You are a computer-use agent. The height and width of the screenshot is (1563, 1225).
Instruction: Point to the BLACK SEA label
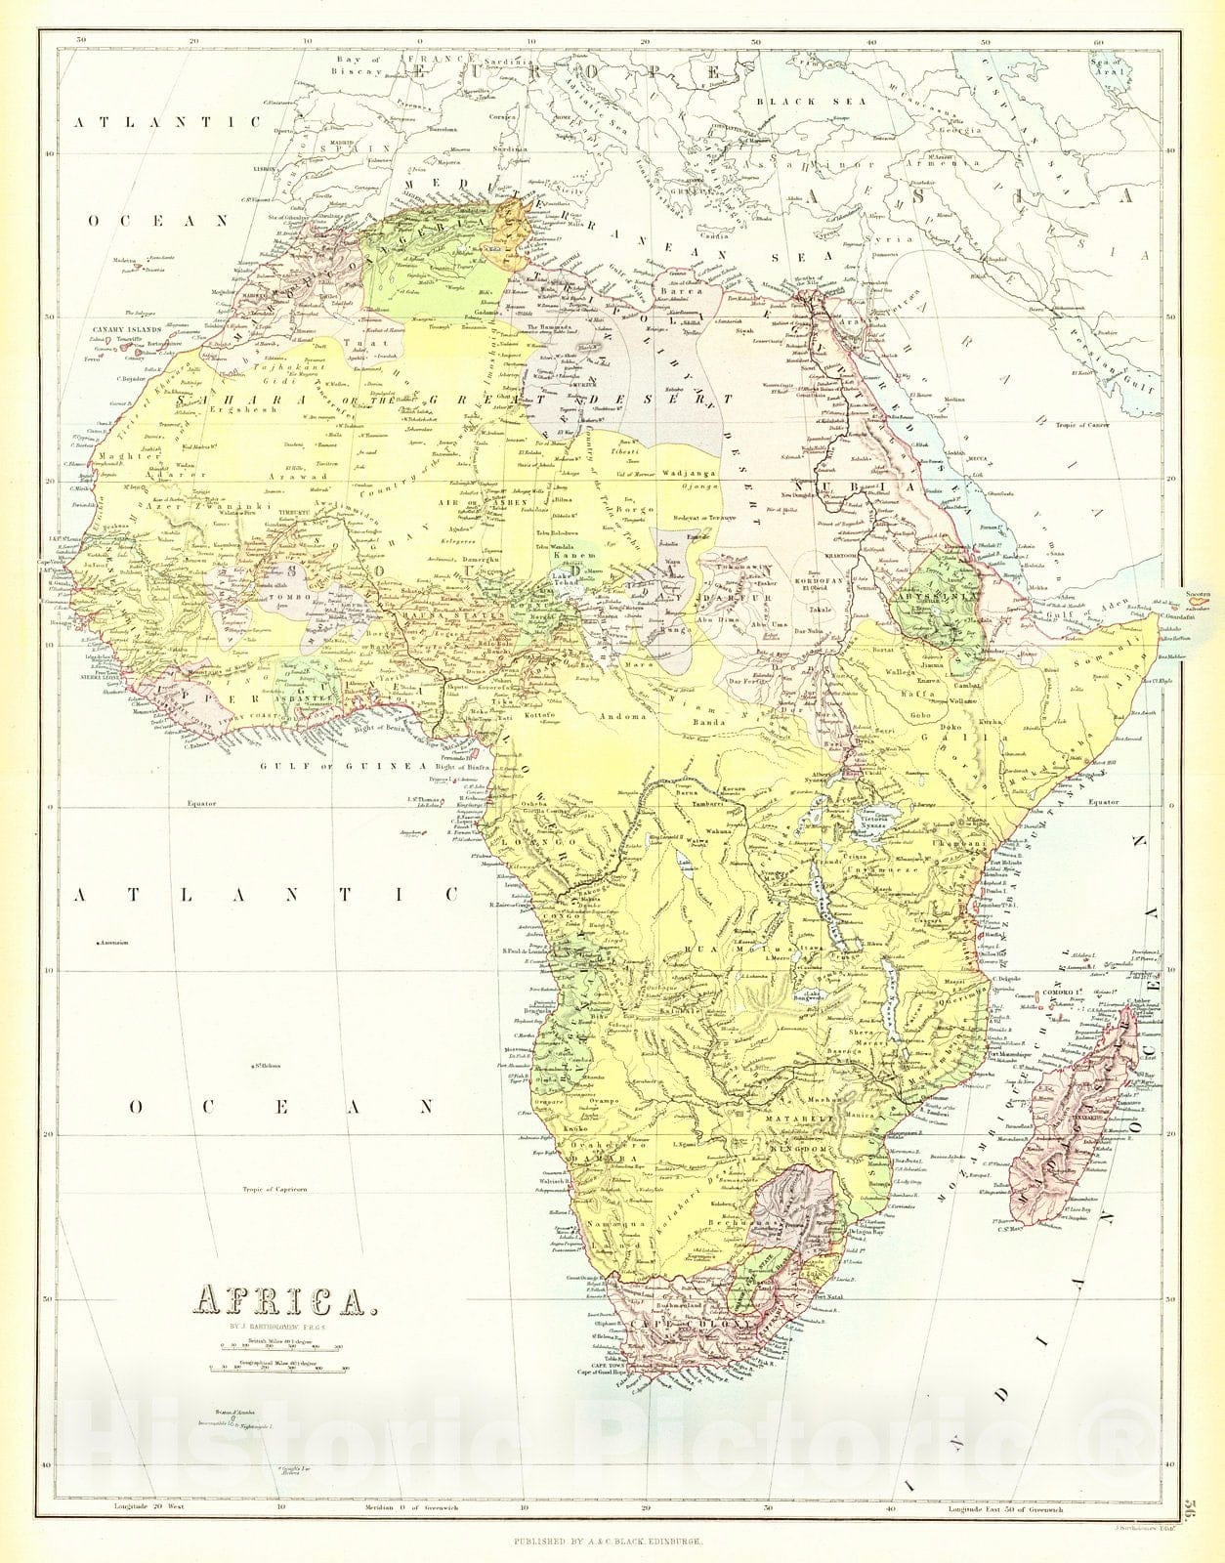pyautogui.click(x=802, y=101)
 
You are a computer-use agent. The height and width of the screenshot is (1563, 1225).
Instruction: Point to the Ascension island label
pyautogui.click(x=115, y=943)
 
